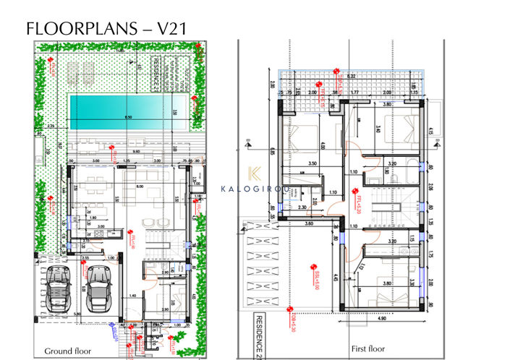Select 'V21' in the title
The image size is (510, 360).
pos(177,28)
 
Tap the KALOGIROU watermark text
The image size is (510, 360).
pos(255,190)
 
